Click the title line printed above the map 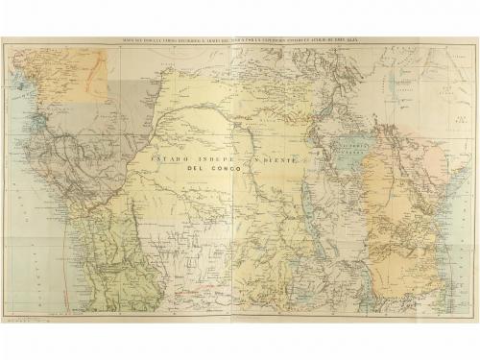tap(240, 40)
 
